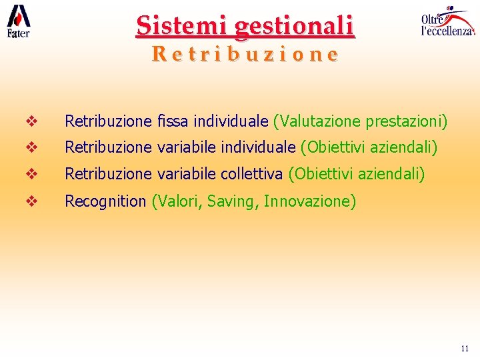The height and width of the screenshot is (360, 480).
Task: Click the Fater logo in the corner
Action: coord(18,21)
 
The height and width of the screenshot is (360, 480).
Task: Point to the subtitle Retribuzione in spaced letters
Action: coord(244,53)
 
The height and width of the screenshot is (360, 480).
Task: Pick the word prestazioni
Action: coord(406,122)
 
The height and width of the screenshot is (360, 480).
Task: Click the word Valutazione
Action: coord(318,122)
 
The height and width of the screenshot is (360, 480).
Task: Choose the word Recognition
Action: coord(105,201)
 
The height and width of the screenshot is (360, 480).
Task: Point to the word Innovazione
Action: coord(309,201)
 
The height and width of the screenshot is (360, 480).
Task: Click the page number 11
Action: coord(465,349)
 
